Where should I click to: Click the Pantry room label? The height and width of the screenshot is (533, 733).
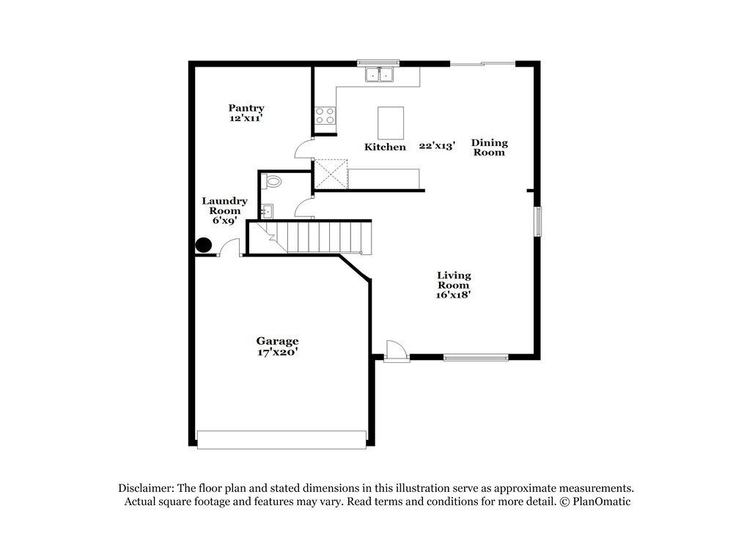tap(246, 108)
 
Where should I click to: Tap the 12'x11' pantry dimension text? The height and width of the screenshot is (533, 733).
tap(246, 119)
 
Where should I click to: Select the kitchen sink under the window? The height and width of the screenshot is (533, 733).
tap(379, 74)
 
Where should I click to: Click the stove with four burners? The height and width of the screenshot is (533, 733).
tap(325, 115)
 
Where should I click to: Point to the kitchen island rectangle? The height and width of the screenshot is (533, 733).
tap(391, 122)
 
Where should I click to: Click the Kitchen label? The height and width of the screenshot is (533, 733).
tap(385, 147)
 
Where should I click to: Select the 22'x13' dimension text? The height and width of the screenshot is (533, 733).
tap(438, 146)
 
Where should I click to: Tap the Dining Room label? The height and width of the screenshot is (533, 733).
tap(489, 147)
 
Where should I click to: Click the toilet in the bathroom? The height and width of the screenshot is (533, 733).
tap(273, 180)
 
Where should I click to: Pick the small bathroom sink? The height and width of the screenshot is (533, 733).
tap(267, 211)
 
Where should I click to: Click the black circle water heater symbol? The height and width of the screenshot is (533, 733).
tap(203, 246)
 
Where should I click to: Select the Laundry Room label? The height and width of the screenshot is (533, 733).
tap(224, 210)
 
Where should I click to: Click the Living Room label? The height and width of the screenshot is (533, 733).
tap(454, 280)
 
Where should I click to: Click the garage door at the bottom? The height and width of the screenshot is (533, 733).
tap(281, 439)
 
